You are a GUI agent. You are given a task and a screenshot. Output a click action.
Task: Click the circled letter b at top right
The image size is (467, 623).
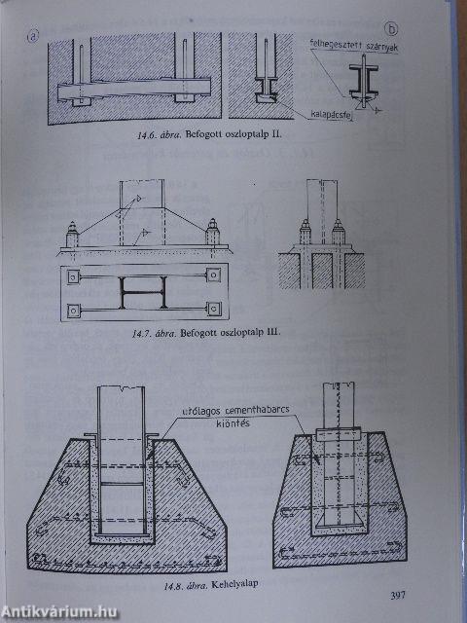(x=392, y=30)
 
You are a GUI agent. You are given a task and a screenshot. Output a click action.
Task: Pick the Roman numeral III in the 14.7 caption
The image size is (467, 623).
(x=270, y=333)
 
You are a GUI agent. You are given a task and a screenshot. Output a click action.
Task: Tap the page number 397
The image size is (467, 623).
(x=396, y=596)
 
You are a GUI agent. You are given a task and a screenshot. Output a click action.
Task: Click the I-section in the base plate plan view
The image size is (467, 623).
(x=138, y=290)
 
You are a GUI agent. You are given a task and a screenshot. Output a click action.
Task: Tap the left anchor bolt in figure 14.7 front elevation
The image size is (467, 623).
(x=72, y=235)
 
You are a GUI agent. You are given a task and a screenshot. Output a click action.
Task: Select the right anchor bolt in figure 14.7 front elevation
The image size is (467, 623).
(x=210, y=235)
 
